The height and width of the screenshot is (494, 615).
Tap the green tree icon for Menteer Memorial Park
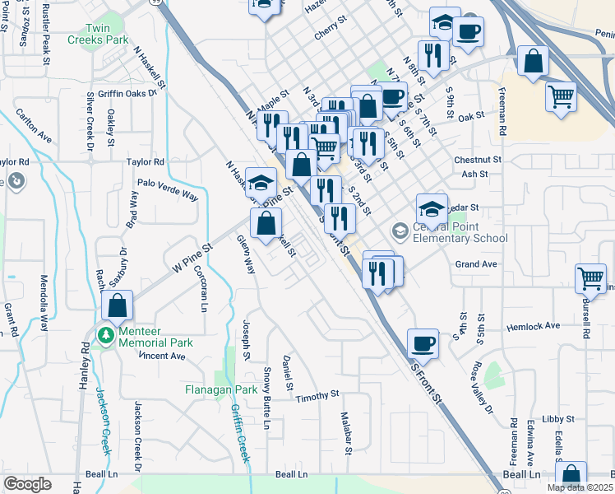[x=105, y=335]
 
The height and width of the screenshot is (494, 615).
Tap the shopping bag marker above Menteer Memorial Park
[x=118, y=305]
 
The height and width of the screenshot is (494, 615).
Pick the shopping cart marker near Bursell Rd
[x=590, y=279]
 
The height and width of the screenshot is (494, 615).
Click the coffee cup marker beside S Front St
[x=423, y=342]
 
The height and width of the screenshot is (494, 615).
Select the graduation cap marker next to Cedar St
[x=431, y=208]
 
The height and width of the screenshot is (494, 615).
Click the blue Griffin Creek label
[x=238, y=434]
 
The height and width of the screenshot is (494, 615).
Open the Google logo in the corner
[x=27, y=484]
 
